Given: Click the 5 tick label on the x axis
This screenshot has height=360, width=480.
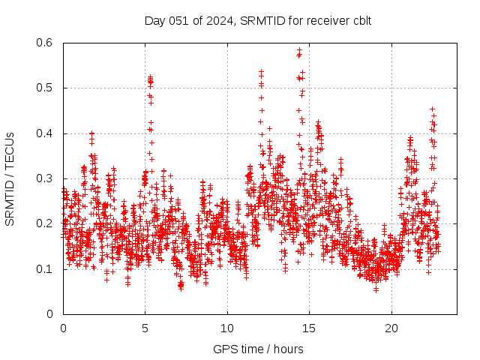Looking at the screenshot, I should coord(145,328).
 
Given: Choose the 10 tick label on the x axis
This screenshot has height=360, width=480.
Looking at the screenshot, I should coord(227,328).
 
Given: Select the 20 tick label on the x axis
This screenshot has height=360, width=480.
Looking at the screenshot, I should coord(391,328).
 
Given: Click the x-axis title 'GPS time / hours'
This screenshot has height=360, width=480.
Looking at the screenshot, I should coord(258,349).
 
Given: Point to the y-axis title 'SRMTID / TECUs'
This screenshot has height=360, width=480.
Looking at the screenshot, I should coord(10,178).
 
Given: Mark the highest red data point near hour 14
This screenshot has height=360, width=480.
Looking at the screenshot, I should coord(299,50).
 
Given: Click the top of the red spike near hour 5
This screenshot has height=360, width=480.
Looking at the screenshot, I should coord(150,76).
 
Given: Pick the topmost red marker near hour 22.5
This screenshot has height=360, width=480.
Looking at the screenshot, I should coord(432,109).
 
